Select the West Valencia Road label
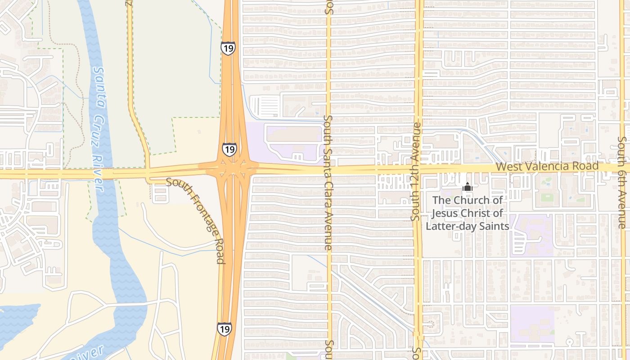pos(547,166)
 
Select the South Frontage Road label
pos(197,220)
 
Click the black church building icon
pos(467,186)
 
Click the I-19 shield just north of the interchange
pos(229,149)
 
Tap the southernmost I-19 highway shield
pos(224,329)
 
